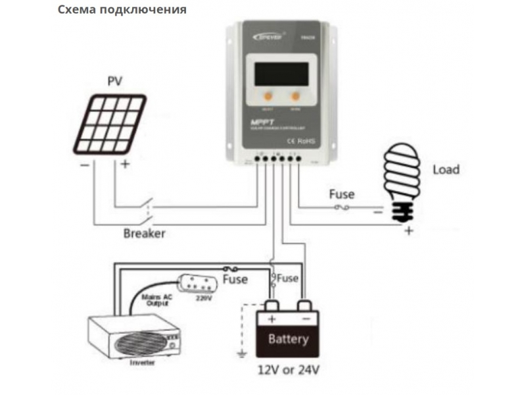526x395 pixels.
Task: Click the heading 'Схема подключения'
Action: tap(122, 10)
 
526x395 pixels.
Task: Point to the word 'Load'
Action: tap(446, 169)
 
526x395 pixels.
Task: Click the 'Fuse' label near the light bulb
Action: tap(341, 194)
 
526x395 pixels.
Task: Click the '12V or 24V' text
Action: tap(288, 370)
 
